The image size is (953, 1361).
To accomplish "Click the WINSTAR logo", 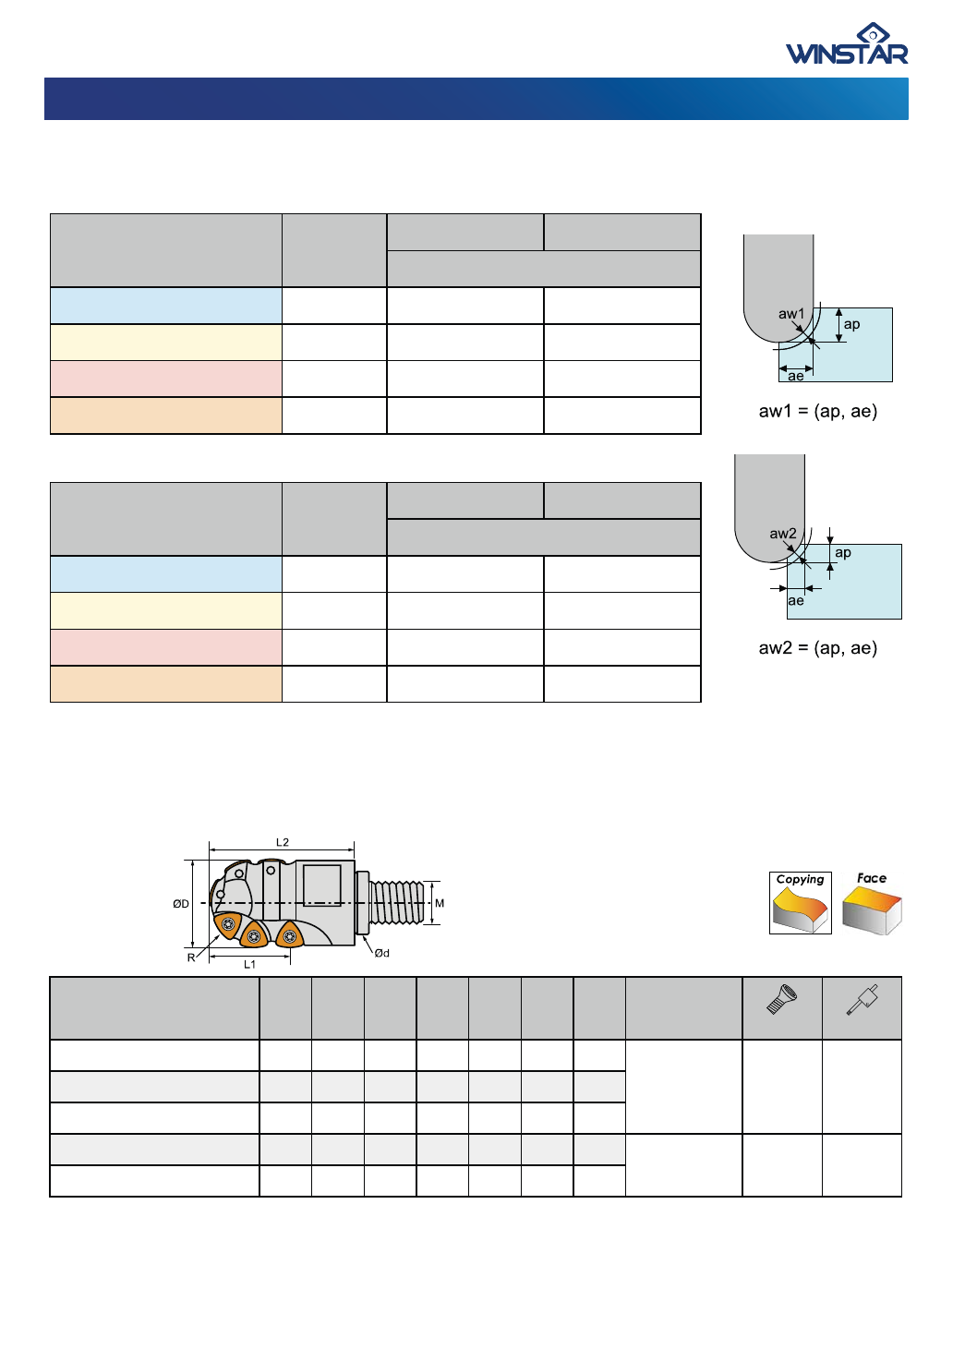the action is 847,43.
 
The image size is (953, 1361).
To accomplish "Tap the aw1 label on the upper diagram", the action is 790,314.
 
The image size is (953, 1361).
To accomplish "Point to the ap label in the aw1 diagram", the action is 851,324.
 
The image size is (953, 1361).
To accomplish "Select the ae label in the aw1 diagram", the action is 796,376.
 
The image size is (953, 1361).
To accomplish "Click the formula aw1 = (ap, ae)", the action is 818,411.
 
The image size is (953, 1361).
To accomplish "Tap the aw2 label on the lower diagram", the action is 783,534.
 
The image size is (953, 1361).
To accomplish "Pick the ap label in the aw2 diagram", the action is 842,553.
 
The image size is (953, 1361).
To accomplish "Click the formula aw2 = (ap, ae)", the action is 818,648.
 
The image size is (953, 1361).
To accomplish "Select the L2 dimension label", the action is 282,842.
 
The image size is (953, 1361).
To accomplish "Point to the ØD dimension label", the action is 180,904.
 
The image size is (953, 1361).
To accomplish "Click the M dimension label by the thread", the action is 440,903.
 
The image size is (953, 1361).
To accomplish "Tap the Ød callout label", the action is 381,953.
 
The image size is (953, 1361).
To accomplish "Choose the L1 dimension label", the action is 249,965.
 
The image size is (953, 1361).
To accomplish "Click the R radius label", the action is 191,958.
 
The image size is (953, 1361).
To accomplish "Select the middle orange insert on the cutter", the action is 254,935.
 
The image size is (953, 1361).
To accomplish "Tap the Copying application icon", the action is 800,903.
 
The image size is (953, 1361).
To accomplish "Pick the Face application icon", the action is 872,903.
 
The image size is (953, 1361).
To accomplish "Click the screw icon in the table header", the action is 781,999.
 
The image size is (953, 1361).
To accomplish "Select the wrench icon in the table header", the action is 862,1000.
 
